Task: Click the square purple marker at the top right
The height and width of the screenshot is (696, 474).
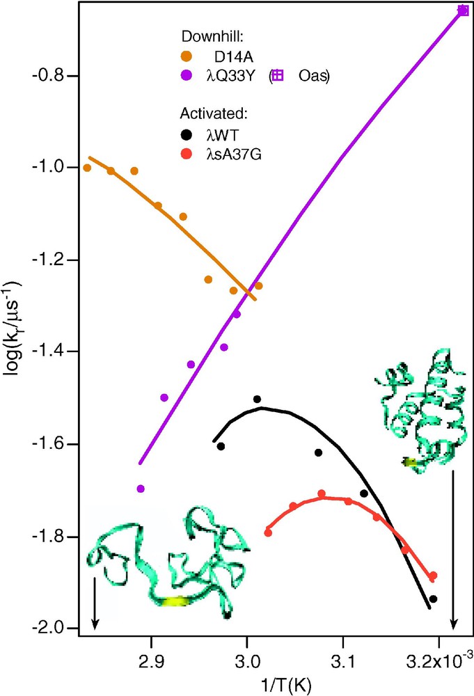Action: click(x=464, y=10)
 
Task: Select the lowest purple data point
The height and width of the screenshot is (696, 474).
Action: click(x=141, y=489)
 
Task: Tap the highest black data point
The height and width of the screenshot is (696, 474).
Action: click(x=257, y=399)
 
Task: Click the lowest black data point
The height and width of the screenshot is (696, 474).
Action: click(x=433, y=599)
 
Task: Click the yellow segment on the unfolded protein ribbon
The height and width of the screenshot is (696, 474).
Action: click(x=175, y=601)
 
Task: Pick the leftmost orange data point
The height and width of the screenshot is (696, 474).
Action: click(x=87, y=168)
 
